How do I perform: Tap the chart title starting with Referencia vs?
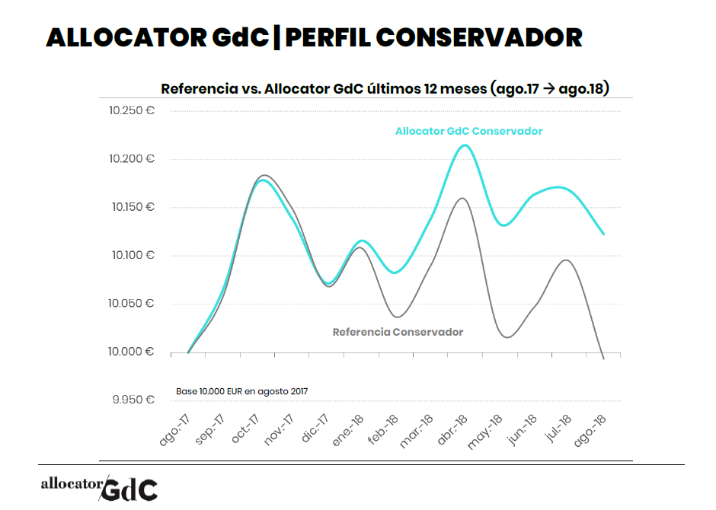click(x=385, y=89)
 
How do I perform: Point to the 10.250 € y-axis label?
click(x=132, y=111)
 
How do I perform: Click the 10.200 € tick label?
click(x=132, y=159)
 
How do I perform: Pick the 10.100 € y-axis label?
click(x=132, y=255)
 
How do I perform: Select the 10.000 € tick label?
click(x=132, y=352)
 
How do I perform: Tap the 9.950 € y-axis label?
click(x=133, y=400)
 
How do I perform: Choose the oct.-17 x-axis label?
click(x=244, y=430)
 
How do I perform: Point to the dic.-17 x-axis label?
click(x=313, y=430)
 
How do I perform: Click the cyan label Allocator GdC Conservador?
click(x=468, y=131)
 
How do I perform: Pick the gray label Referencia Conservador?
click(x=398, y=332)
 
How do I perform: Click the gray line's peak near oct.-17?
click(x=263, y=175)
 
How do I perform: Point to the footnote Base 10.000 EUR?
click(x=241, y=391)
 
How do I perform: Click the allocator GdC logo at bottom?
click(x=99, y=487)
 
